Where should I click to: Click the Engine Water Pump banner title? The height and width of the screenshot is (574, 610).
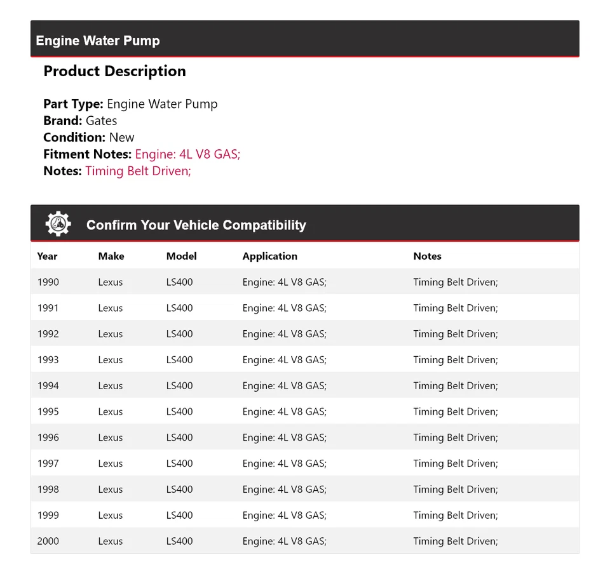pos(98,41)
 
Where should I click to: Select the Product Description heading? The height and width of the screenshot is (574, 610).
pos(114,71)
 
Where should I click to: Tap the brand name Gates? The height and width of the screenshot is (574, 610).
pos(101,121)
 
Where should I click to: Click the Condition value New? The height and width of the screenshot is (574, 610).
pos(121,137)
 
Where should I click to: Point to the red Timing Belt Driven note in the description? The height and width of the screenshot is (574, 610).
pos(138,171)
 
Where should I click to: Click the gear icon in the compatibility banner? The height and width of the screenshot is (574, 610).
pos(58,224)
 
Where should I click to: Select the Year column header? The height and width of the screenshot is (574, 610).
pos(47,256)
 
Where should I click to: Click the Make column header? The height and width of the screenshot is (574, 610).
pos(111,256)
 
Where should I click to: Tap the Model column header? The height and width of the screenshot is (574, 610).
pos(181,256)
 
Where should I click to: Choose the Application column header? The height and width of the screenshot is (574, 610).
pos(269,256)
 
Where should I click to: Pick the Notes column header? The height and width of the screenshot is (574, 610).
pos(427,256)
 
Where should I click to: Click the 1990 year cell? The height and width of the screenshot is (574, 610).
pos(48,282)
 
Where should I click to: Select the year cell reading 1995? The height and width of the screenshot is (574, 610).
pos(48,411)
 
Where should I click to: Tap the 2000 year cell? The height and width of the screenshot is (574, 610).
pos(48,541)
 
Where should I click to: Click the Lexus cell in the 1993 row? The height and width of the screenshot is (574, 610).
pos(110,359)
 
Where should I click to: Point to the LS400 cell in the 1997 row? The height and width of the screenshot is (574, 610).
pos(179,464)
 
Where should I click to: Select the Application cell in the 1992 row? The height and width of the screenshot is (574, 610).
pos(284,334)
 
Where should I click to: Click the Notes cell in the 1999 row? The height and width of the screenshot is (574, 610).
pos(455,515)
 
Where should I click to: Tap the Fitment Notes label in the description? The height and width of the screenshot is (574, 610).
pos(87,154)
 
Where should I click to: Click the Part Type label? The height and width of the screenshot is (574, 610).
pos(73,104)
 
